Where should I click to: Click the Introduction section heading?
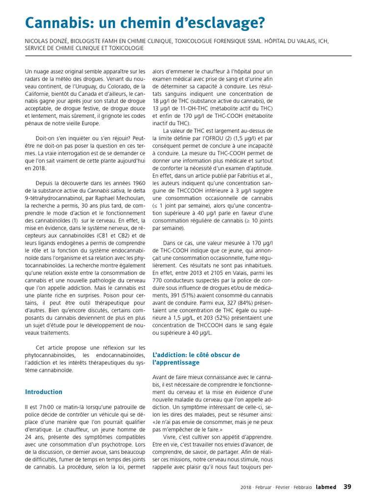[44, 392]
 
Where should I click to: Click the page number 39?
[347, 487]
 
